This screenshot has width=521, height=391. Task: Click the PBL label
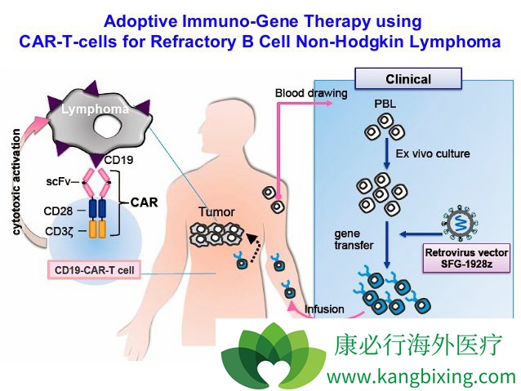tap(385, 104)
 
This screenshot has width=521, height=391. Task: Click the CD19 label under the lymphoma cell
tap(119, 159)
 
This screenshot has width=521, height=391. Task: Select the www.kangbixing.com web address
tap(421, 376)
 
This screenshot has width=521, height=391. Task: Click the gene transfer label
tap(353, 240)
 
